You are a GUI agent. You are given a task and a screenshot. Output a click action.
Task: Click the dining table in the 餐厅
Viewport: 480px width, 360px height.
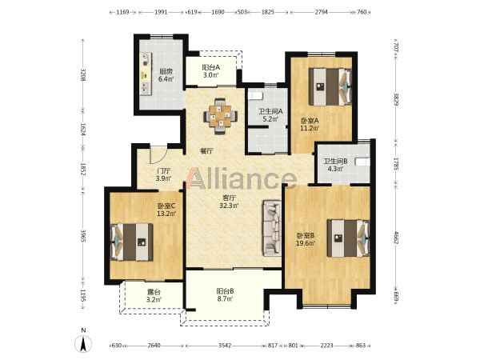tap(221, 116)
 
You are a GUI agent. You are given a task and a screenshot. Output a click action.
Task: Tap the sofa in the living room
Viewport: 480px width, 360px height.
tap(271, 228)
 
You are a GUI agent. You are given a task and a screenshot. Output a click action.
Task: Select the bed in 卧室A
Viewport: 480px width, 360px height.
tap(330, 87)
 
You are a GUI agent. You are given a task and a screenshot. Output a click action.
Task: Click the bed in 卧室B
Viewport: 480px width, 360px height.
tap(348, 238)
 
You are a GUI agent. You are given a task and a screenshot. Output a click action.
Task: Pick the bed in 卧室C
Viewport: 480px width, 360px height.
tap(132, 242)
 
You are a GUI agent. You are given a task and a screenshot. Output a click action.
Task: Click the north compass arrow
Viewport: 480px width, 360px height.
tap(83, 343)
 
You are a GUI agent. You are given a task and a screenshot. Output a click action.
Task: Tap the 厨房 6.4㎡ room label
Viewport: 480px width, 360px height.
tap(166, 75)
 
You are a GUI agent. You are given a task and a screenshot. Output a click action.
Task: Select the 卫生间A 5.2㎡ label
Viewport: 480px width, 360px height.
tap(270, 115)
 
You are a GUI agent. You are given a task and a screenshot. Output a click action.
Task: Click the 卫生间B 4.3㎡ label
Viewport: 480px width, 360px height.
tap(335, 165)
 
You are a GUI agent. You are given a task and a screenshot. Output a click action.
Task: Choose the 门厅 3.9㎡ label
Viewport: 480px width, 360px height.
tap(163, 174)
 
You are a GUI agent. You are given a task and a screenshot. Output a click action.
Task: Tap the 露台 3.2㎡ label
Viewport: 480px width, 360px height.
tap(154, 296)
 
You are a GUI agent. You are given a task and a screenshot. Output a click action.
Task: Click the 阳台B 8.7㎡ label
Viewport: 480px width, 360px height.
tap(226, 294)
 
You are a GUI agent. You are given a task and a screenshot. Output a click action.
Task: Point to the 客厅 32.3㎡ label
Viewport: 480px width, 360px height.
tap(229, 202)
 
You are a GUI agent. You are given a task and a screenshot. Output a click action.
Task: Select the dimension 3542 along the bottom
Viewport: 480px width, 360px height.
tap(225, 346)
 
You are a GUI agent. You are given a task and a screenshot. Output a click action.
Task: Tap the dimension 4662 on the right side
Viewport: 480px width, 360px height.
tap(396, 238)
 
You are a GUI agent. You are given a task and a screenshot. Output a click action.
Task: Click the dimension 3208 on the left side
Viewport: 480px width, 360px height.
tap(82, 74)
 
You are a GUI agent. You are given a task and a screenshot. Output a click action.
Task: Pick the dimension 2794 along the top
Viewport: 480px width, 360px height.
tap(321, 12)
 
